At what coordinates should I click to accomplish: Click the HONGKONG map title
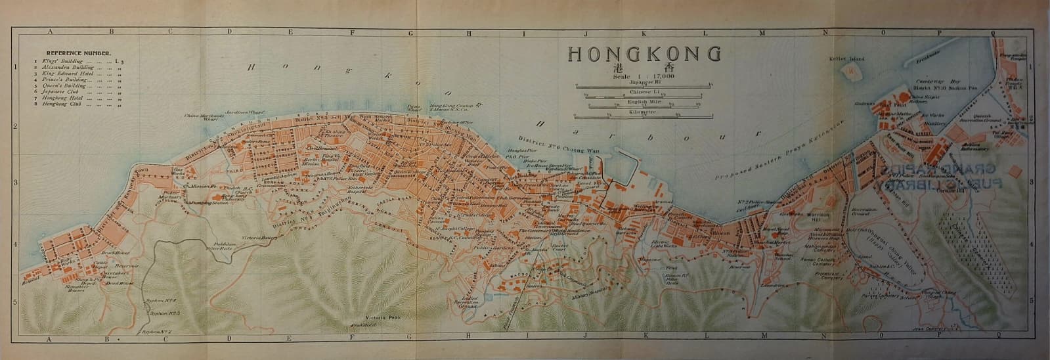[644, 55]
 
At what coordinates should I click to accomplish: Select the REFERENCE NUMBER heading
[78, 53]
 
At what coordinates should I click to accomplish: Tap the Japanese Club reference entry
[60, 93]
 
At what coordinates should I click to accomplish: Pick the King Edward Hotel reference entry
[66, 74]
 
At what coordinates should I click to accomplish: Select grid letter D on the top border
[230, 31]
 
